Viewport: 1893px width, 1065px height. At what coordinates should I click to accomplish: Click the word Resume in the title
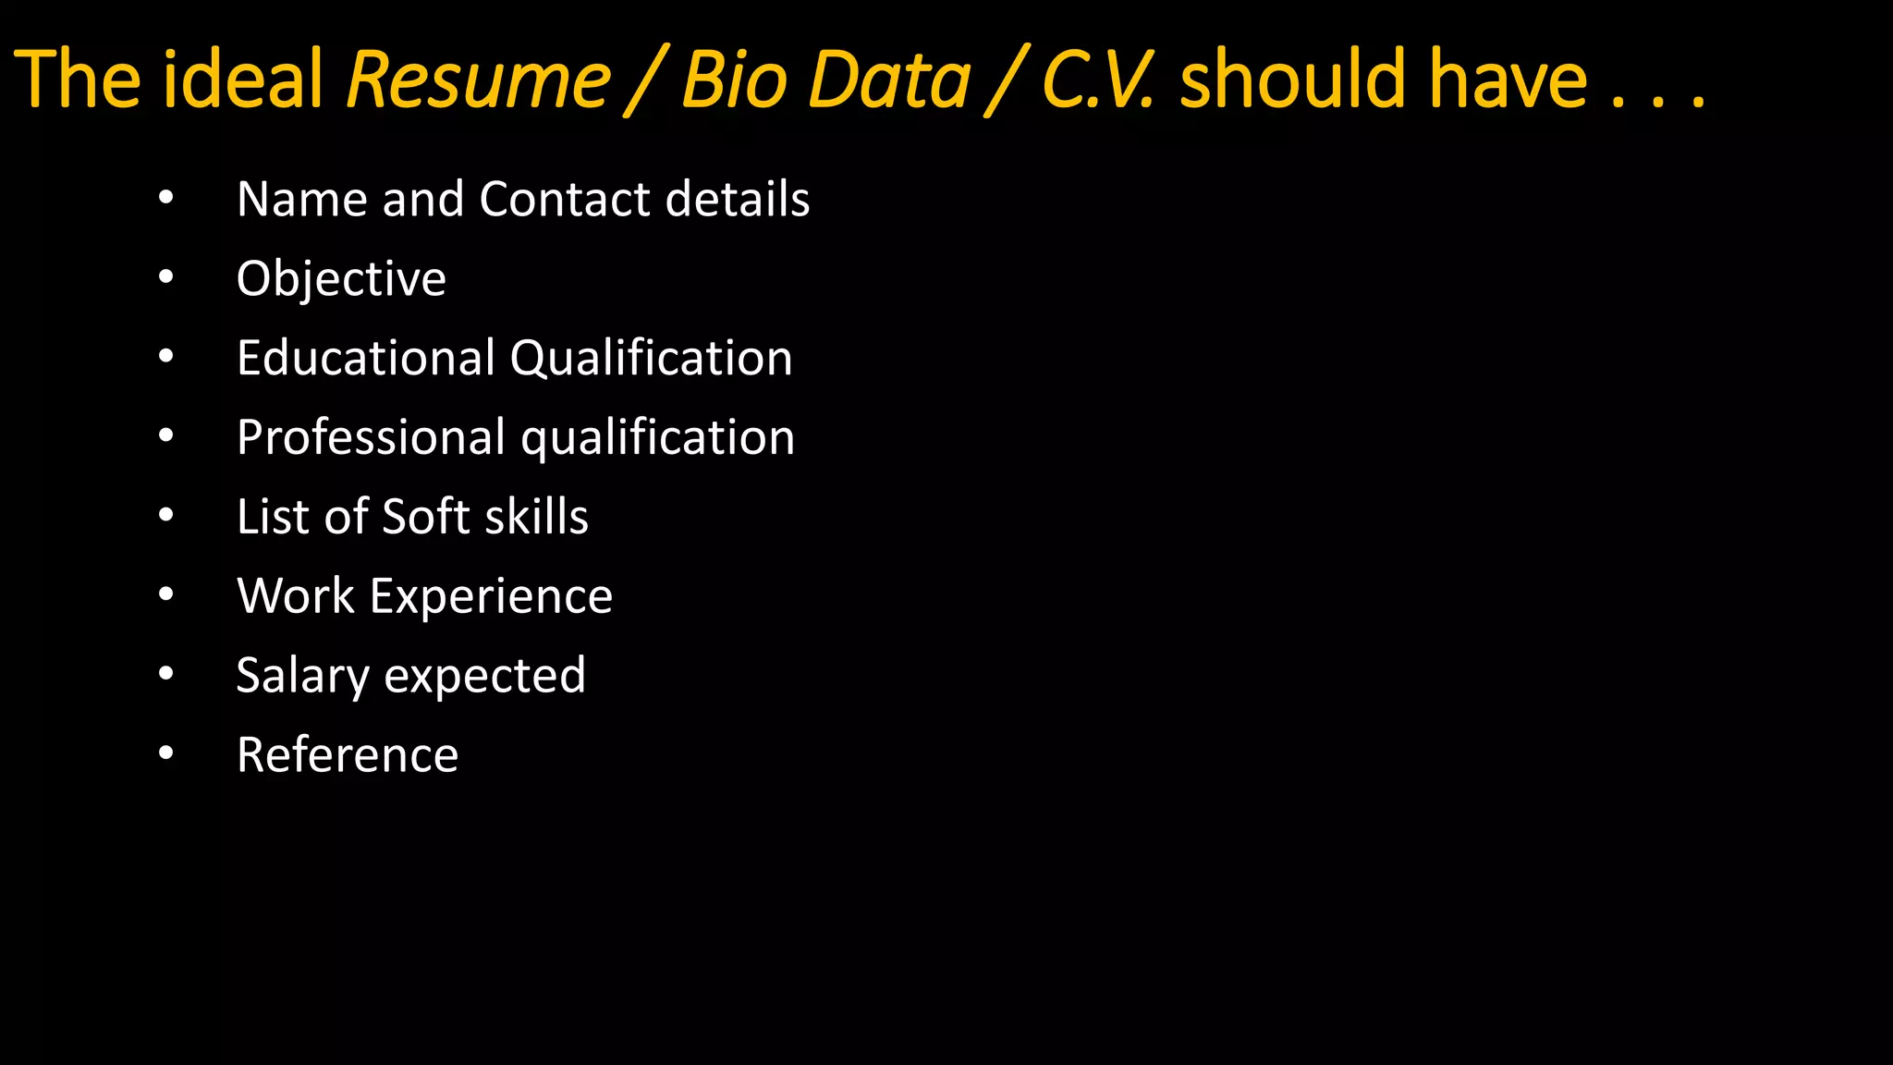478,80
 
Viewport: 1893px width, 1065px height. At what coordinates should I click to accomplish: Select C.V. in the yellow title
1098,80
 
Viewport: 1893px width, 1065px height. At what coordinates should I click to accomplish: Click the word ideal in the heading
243,80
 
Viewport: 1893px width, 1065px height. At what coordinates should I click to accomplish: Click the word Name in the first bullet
301,199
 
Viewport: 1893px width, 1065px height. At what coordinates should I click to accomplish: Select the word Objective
341,279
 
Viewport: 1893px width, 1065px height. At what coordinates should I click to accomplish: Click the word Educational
366,358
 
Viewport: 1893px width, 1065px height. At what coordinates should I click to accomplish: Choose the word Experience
491,597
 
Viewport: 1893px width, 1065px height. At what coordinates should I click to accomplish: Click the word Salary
302,677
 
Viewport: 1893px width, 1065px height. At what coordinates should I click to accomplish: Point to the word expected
484,677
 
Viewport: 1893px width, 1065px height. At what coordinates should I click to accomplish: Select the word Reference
348,754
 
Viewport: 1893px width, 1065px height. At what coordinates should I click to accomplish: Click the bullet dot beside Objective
165,276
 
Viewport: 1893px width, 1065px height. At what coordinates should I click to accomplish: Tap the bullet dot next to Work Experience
165,594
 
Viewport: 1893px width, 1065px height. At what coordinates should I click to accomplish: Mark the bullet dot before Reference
165,753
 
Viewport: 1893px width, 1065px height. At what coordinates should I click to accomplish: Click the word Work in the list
296,595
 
